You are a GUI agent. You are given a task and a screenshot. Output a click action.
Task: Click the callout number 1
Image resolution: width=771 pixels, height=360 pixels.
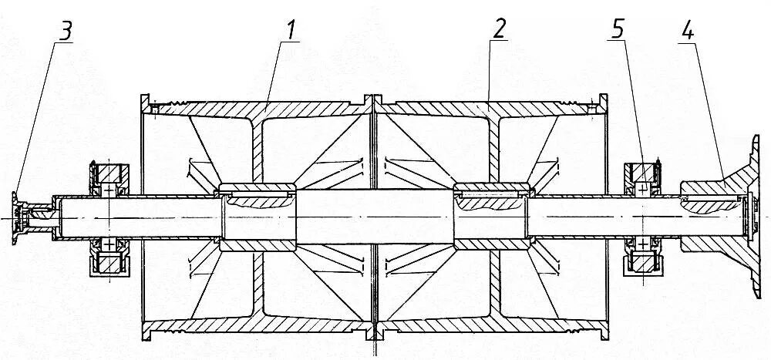click(x=292, y=30)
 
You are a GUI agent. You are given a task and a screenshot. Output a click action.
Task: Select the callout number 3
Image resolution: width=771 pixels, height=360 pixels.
click(x=66, y=30)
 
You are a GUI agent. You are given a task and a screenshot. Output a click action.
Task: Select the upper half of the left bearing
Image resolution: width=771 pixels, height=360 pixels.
click(x=109, y=181)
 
